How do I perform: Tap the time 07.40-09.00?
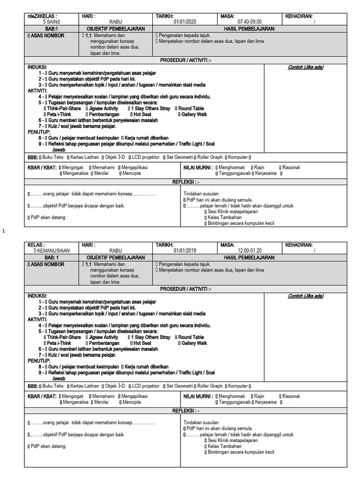click(x=251, y=22)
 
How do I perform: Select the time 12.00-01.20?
click(x=251, y=251)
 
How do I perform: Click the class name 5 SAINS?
click(x=51, y=22)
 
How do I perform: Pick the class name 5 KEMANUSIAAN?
click(x=51, y=251)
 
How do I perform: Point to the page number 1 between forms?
click(x=4, y=231)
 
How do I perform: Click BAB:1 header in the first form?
click(x=51, y=29)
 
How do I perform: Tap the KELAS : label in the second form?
click(x=37, y=245)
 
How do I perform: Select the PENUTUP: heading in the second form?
click(x=38, y=360)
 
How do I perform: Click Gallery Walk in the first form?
click(x=194, y=114)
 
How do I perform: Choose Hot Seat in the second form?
click(x=142, y=344)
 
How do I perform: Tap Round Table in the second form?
click(x=191, y=337)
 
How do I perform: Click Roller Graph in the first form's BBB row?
click(x=210, y=157)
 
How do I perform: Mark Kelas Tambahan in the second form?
click(x=225, y=446)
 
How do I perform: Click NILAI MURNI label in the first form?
click(x=199, y=167)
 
